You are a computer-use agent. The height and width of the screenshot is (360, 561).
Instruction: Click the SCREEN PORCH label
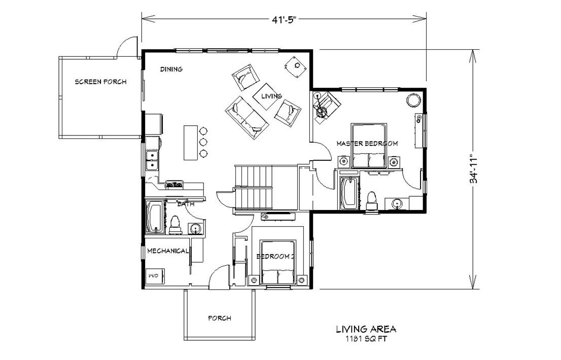click(100, 82)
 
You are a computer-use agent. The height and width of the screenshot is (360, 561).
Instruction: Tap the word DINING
click(171, 69)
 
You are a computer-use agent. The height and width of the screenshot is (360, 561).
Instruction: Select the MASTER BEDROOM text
click(367, 143)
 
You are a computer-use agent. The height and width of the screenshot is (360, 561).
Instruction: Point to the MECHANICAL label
click(168, 250)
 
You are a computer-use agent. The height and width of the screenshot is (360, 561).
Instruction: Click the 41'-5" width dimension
click(284, 19)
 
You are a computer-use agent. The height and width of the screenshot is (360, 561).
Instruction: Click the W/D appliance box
click(153, 275)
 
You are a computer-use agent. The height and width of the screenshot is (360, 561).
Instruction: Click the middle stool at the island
click(204, 142)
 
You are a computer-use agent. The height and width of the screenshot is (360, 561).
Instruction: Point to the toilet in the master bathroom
click(371, 199)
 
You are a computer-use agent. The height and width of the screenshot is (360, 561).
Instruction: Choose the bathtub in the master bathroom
click(348, 193)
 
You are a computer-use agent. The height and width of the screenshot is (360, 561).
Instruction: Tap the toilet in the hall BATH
click(175, 225)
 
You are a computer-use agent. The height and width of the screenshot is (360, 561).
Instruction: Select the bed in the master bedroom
click(368, 147)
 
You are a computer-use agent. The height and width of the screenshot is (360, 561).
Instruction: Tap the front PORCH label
click(220, 318)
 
